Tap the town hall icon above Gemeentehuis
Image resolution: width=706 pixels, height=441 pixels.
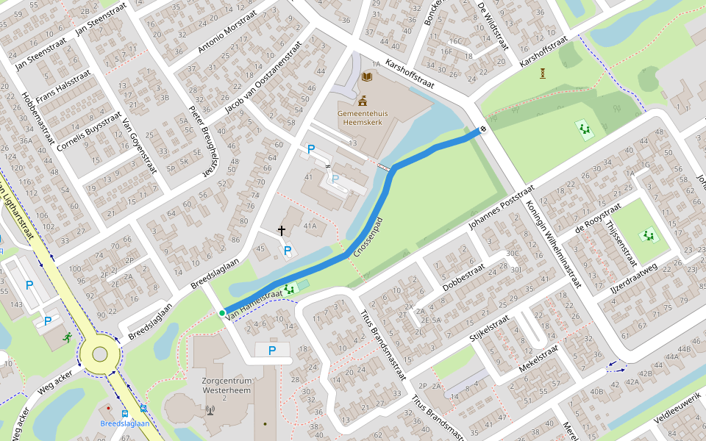click(x=363, y=101)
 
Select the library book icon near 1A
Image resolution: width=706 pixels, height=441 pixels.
click(x=366, y=76)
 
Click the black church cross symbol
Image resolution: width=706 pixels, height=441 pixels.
click(x=282, y=231)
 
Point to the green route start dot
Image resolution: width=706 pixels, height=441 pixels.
click(x=222, y=313)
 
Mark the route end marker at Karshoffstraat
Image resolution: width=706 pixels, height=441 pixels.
click(x=483, y=130)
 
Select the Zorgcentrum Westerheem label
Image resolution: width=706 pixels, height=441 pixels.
click(x=227, y=387)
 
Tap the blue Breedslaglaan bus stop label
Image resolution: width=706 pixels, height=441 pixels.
click(x=125, y=423)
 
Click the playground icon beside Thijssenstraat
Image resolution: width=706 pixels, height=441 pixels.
click(x=648, y=235)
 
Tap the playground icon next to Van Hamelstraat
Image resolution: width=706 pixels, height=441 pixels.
click(x=290, y=289)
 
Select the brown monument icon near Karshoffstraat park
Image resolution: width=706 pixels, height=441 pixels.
click(x=543, y=73)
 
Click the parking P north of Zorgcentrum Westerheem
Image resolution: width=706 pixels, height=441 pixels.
click(x=272, y=351)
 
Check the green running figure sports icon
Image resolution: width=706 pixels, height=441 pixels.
click(x=68, y=337)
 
